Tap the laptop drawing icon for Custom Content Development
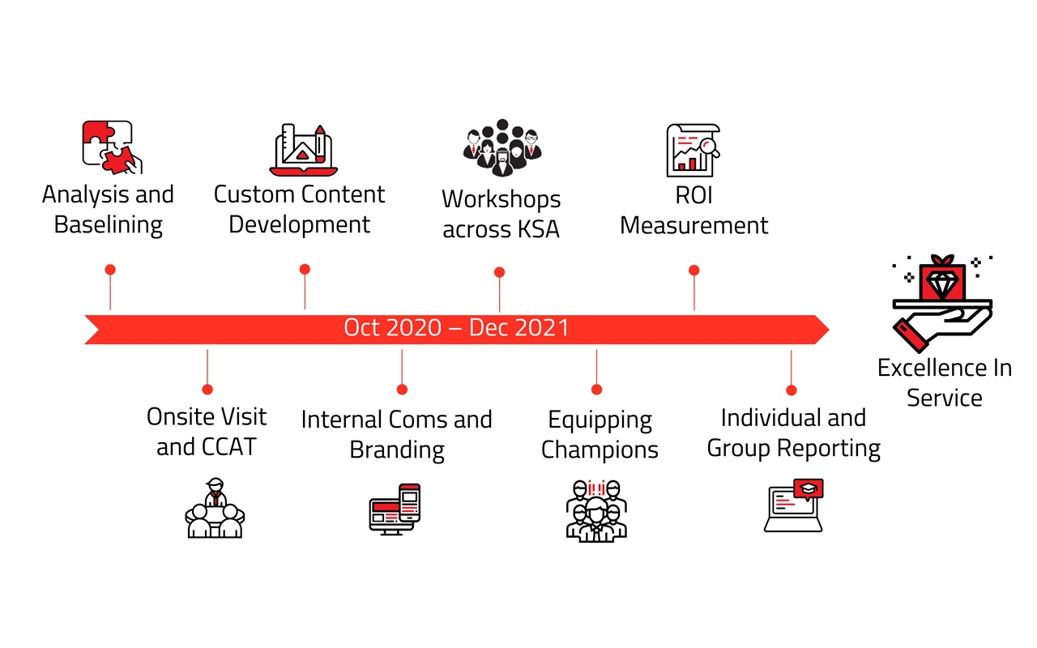301,151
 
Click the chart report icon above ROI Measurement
693,151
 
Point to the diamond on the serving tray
943,283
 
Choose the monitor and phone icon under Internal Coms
395,509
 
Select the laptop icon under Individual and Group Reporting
795,506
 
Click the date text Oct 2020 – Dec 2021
456,328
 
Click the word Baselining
109,224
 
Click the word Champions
600,450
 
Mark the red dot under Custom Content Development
305,269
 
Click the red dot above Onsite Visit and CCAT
207,389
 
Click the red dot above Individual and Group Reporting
792,390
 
